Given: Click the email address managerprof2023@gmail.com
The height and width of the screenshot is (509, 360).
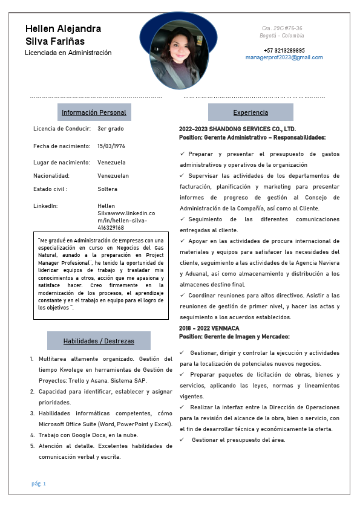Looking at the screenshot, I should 284,57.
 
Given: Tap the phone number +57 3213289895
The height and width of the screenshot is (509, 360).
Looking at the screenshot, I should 284,51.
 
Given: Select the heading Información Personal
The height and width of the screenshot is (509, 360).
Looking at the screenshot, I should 94,112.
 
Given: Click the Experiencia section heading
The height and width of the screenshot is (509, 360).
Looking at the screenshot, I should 250,112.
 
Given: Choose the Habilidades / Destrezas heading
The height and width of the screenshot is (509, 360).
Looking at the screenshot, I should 99,341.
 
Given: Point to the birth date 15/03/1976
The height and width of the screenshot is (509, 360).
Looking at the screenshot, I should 111,146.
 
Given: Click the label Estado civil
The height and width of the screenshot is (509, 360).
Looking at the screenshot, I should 50,189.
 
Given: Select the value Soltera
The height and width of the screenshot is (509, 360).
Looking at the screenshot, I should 107,189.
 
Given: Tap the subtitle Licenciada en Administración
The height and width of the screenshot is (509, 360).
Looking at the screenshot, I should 68,53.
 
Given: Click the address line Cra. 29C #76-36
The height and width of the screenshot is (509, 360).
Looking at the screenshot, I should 282,28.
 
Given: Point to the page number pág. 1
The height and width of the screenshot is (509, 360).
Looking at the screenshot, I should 39,484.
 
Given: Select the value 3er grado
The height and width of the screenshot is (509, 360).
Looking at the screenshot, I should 110,129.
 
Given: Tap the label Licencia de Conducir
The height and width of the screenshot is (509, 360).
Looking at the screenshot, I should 62,129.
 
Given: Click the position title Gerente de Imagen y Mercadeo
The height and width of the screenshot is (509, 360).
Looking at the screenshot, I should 246,336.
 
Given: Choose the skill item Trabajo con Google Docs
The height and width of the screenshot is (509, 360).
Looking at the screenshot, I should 88,435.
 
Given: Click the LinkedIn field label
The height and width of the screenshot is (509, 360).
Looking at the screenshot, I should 45,206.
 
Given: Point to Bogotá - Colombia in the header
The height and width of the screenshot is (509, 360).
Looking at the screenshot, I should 282,36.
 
